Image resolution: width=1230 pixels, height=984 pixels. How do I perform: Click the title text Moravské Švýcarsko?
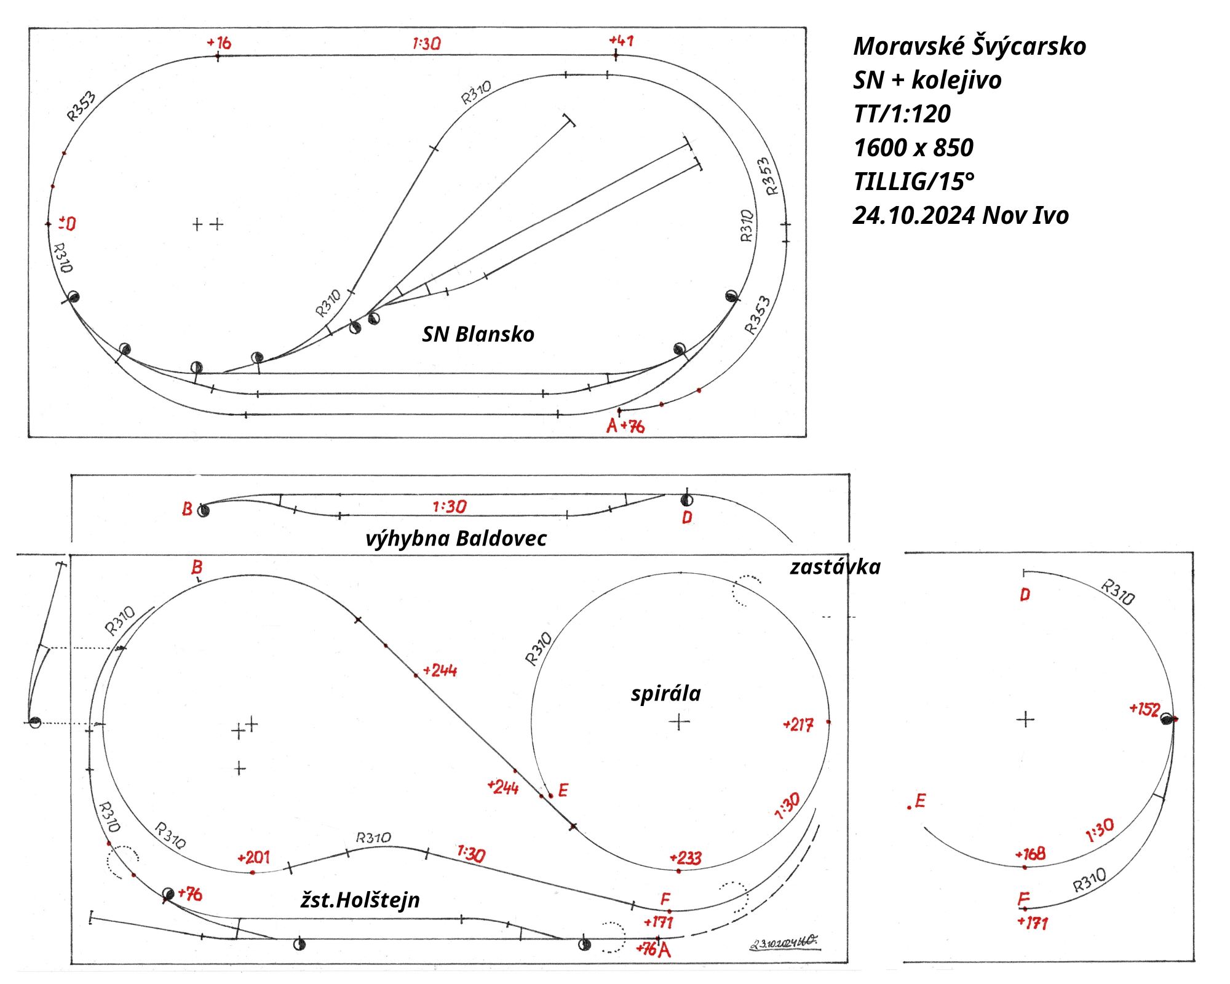[969, 46]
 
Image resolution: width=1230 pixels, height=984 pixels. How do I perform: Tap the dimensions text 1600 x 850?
[913, 148]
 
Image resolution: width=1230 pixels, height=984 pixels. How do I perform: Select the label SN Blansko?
[478, 334]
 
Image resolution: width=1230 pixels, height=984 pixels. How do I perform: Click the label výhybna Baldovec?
[456, 539]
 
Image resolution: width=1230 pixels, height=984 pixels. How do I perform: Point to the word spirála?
[665, 693]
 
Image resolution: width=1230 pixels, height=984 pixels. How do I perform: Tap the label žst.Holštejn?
[360, 900]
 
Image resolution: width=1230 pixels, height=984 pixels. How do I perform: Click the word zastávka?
[835, 566]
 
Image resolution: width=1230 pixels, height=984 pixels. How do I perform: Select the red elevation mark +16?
[219, 42]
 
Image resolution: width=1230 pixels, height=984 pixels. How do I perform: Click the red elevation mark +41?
[621, 41]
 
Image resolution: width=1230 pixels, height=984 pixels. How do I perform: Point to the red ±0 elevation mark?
[67, 223]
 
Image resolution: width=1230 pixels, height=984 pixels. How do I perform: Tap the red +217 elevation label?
[798, 725]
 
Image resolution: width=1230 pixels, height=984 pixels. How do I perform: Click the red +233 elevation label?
[685, 858]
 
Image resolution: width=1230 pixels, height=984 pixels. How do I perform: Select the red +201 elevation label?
[253, 857]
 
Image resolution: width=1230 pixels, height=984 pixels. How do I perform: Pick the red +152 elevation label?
[1145, 709]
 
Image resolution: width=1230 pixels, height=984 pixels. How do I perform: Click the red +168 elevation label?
[1030, 854]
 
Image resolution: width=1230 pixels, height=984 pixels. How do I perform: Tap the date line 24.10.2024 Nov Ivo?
[960, 215]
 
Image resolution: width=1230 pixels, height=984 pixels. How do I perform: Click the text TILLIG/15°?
[913, 181]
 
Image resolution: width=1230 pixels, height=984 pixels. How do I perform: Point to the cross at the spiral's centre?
[679, 721]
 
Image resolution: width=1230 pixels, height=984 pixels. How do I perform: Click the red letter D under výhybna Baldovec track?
[687, 518]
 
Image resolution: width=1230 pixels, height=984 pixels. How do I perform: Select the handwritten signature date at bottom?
[783, 943]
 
